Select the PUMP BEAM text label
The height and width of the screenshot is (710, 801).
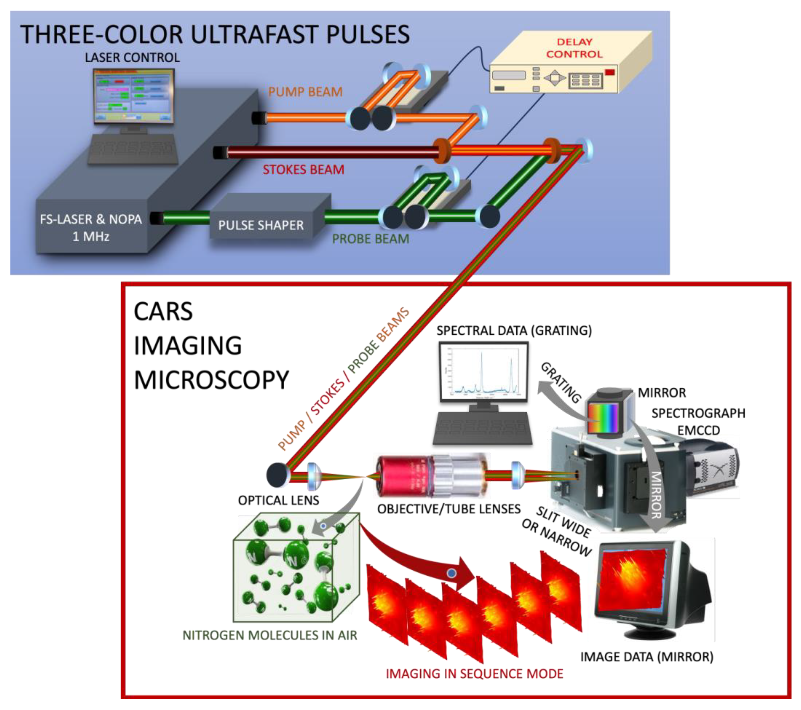tap(305, 92)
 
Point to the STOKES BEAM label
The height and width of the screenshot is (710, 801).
tap(303, 169)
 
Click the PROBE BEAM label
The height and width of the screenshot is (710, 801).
tap(370, 238)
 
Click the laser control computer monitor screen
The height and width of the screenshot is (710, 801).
tap(133, 96)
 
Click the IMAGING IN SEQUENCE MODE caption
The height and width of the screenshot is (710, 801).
tap(474, 674)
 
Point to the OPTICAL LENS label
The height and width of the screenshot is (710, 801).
tap(278, 500)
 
